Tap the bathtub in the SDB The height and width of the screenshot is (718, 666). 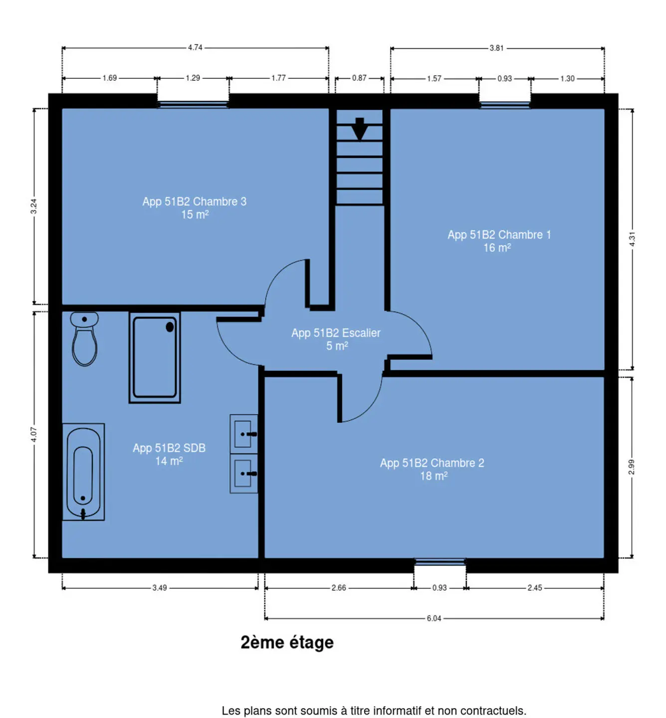point(84,472)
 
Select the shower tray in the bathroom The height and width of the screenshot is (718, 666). point(155,358)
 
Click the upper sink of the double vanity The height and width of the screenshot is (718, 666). point(244,434)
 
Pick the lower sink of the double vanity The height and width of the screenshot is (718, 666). point(244,474)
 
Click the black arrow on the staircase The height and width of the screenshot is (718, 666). point(360,129)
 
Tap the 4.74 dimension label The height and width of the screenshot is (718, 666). point(196,47)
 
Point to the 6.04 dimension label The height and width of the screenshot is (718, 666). point(434,619)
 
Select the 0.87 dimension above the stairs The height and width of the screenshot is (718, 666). point(359,78)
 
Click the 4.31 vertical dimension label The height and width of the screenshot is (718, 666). point(632,239)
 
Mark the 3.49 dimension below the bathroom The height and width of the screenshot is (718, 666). point(160,588)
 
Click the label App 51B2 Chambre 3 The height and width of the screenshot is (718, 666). point(195,201)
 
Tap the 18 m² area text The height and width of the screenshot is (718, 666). point(434,476)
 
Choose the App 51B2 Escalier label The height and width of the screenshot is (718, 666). point(336,333)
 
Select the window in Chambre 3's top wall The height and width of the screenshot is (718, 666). point(193,105)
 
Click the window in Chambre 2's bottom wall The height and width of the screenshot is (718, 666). point(440,562)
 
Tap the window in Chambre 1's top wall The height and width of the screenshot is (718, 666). point(505,105)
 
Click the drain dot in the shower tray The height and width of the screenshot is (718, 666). point(170,327)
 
